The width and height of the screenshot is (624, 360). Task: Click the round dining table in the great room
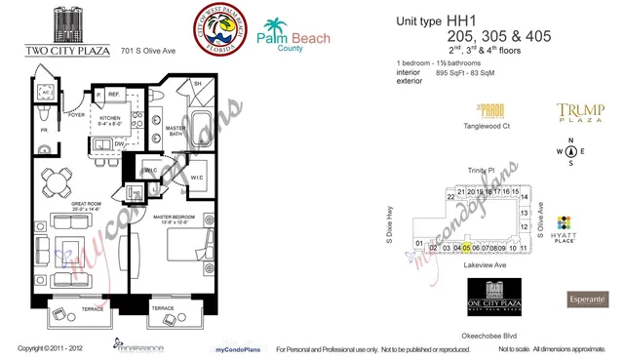pos(62,182)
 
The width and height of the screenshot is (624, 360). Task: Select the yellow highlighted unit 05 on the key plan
pos(466,248)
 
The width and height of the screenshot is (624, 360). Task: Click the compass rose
pos(571,151)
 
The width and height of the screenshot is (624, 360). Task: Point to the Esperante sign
pos(587,299)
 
